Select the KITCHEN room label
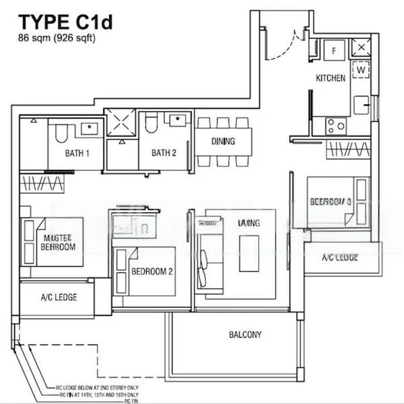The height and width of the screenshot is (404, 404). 331,78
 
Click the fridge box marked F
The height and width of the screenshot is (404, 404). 334,50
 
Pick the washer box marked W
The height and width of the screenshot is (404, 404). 361,69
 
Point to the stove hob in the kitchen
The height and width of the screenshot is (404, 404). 336,125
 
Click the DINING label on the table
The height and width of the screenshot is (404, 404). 223,141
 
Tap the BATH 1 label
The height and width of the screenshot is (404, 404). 77,154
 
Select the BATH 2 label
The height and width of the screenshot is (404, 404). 164,154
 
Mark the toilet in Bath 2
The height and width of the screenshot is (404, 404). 151,124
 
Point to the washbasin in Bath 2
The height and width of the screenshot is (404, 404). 177,120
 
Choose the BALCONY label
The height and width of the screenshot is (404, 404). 245,335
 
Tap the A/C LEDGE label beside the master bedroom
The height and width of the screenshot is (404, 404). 59,297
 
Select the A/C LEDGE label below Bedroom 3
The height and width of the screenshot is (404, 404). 339,258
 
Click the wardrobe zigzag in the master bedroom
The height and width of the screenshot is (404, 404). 43,183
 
